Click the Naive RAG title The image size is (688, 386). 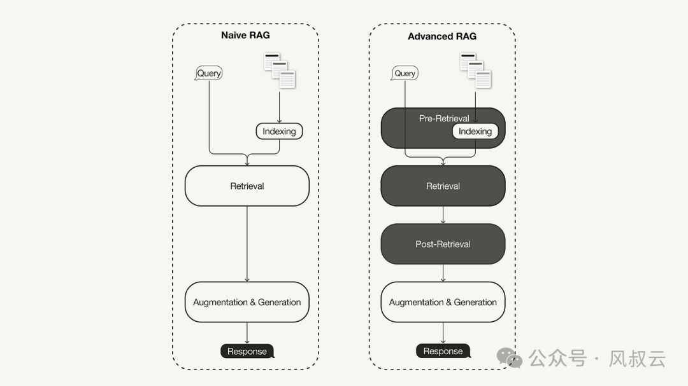click(x=245, y=35)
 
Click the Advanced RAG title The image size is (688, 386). click(x=442, y=36)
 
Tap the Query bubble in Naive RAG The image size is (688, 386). click(x=208, y=73)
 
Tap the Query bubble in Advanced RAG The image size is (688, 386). click(x=405, y=73)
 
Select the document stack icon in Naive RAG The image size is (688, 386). click(x=280, y=71)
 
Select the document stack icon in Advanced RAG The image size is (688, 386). click(x=476, y=71)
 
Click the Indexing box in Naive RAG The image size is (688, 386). click(x=279, y=131)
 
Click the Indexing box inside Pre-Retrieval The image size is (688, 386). click(x=475, y=131)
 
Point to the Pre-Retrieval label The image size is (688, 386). click(x=443, y=118)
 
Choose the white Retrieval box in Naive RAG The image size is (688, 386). click(x=247, y=186)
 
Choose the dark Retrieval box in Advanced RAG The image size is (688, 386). click(x=443, y=186)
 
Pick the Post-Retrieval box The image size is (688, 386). click(x=443, y=244)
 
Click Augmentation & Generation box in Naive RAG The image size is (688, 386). click(x=247, y=302)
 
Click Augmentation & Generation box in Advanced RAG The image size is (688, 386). click(x=443, y=302)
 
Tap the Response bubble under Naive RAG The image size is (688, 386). click(x=247, y=351)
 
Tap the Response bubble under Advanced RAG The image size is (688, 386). click(x=443, y=351)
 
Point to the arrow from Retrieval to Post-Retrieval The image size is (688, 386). click(x=443, y=215)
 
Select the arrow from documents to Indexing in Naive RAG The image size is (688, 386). click(x=279, y=106)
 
